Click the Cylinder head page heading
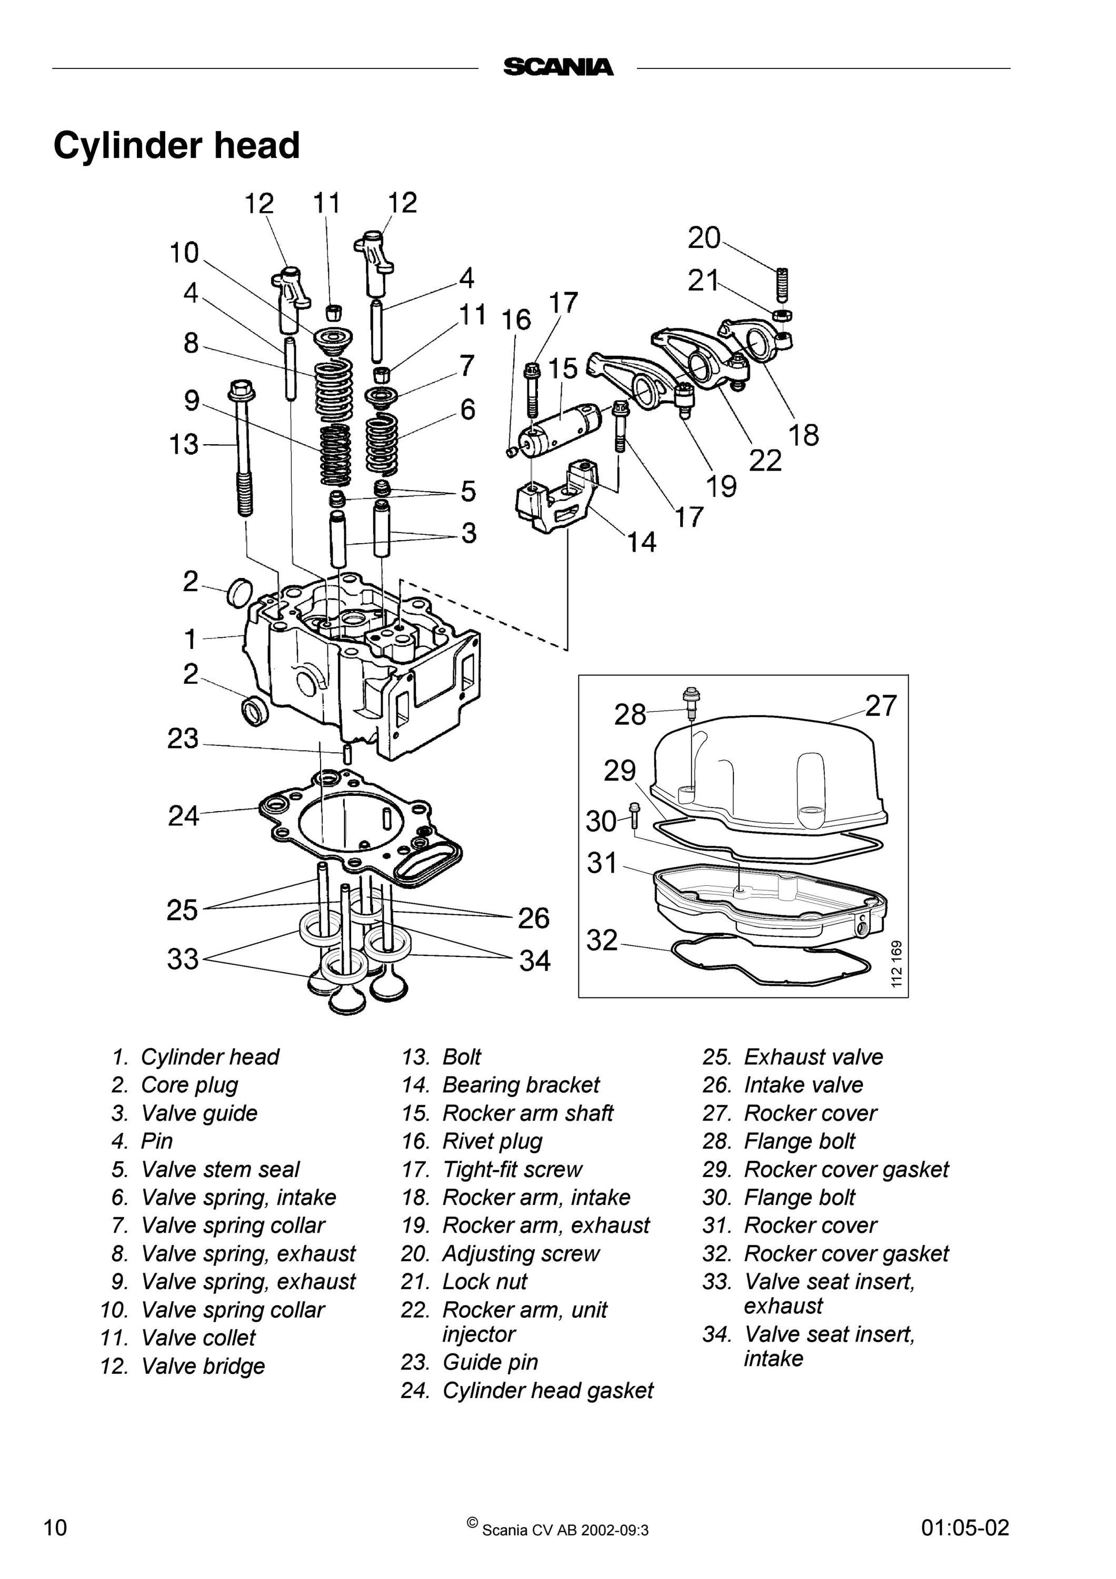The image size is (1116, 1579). click(x=177, y=146)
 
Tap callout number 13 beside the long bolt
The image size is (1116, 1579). click(x=184, y=444)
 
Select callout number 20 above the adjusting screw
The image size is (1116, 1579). click(x=704, y=238)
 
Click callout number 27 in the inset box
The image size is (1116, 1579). click(x=881, y=706)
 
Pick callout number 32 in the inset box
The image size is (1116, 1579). click(x=602, y=940)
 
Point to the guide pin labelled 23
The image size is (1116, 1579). click(x=347, y=753)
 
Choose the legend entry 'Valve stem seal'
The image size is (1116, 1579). click(x=220, y=1170)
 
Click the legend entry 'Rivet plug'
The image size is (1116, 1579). click(x=492, y=1142)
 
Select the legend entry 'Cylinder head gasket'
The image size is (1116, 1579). click(x=548, y=1391)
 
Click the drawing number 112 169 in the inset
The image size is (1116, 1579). click(x=896, y=964)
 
